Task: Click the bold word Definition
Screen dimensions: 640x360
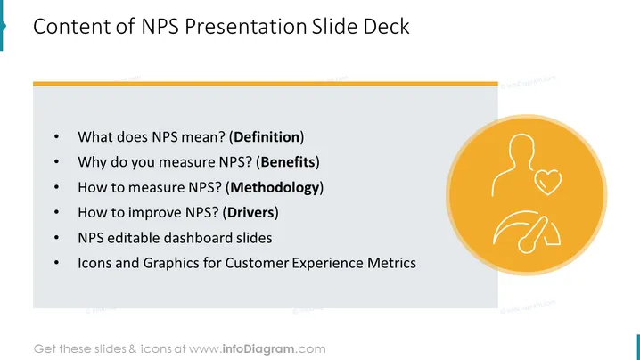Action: click(267, 137)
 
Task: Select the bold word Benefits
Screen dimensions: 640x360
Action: click(288, 162)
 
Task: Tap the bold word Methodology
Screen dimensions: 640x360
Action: click(275, 188)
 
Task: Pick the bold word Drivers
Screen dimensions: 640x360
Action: click(250, 213)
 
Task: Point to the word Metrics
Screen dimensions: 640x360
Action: click(391, 263)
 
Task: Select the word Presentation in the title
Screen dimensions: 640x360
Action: click(246, 27)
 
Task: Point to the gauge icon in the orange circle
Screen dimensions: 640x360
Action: click(527, 232)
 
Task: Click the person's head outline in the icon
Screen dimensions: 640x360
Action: click(522, 147)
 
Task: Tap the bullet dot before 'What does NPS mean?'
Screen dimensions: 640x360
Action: click(56, 136)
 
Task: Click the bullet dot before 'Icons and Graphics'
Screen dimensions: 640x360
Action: click(56, 263)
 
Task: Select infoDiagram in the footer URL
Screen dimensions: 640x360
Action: click(258, 349)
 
